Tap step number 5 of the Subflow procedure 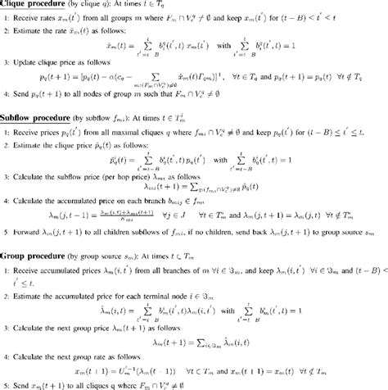click(x=7, y=230)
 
